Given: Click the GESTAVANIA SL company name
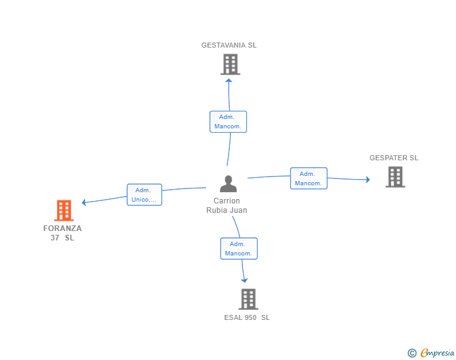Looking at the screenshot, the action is (229, 45).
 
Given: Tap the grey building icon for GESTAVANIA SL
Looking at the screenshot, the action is (231, 64).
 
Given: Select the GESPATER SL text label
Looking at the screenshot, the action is (394, 158).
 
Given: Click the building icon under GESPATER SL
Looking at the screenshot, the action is (395, 177).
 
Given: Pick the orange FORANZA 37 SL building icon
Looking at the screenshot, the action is (64, 210).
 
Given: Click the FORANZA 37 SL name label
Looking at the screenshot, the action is (63, 233).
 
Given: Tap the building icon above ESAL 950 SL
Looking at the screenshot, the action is (248, 299).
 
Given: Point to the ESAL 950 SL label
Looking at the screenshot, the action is (247, 317).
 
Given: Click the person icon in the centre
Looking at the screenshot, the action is (228, 184).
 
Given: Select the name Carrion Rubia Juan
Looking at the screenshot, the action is (227, 205).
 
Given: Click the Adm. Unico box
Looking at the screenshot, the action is (144, 195).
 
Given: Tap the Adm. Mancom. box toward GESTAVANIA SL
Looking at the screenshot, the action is (228, 121).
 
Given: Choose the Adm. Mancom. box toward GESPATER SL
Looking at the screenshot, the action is (309, 178).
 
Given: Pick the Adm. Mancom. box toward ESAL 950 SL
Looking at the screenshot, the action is (239, 249).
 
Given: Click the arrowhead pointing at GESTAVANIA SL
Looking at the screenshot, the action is (229, 81).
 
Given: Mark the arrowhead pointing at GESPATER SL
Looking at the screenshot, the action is (368, 180).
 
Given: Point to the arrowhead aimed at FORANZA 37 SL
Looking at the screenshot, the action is (84, 202).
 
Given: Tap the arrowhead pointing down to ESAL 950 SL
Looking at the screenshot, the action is (244, 280).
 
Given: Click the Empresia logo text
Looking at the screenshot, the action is (437, 352).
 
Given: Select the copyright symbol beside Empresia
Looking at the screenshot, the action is (412, 353).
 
